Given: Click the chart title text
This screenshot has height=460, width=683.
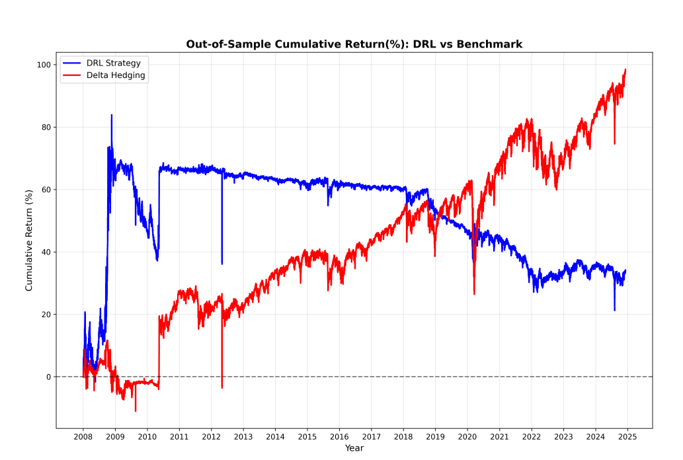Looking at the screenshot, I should point(354,44).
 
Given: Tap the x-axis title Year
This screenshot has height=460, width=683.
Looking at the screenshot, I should point(354,448).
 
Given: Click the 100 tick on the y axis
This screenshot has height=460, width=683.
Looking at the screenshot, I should point(44,65).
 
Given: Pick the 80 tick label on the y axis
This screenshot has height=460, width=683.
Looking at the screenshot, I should point(46,127).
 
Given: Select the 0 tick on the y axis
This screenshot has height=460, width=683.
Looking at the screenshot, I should point(48,377).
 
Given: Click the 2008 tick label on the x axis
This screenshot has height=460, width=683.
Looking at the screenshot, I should point(83,437).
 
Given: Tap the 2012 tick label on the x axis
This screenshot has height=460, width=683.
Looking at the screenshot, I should point(211,437).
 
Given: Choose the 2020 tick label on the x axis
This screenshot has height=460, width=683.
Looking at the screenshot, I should point(467,437).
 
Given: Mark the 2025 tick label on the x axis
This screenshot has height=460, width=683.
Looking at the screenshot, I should point(627,437).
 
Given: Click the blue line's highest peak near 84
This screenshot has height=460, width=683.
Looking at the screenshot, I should point(111,115).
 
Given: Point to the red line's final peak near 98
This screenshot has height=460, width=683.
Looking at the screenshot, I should point(625,69).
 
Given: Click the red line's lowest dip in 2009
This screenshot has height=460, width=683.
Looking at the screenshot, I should point(136,411).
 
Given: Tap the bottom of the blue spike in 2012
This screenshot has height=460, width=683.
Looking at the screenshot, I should point(221,264).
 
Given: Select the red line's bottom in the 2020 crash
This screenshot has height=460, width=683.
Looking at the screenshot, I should point(474,294).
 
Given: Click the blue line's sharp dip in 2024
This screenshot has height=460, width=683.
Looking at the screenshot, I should point(614,310).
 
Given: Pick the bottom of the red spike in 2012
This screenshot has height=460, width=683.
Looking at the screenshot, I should point(221,388).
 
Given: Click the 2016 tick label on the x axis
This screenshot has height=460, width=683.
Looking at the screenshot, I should point(339,437).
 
